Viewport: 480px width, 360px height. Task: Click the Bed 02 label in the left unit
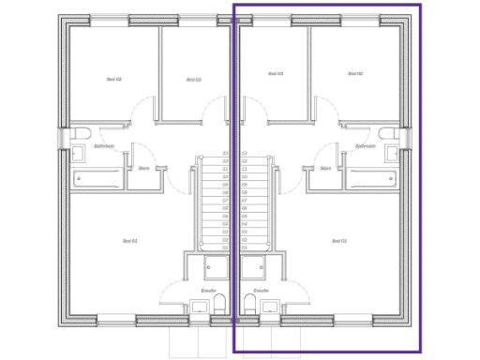(x=113, y=79)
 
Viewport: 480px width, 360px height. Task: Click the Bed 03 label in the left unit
(x=193, y=80)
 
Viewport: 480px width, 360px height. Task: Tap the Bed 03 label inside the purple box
(x=276, y=73)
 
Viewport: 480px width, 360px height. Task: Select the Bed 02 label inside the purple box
(x=354, y=73)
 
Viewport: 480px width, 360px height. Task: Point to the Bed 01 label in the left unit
(x=130, y=241)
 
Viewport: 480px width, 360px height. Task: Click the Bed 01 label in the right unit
(x=339, y=241)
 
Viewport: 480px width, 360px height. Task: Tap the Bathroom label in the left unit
(x=104, y=146)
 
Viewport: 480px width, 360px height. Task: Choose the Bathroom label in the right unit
(x=366, y=146)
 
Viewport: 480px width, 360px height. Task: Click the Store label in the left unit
(x=143, y=169)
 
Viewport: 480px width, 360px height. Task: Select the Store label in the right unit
(x=325, y=169)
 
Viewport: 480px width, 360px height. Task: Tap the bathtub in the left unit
(x=98, y=176)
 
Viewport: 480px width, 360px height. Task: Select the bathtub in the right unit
(x=372, y=176)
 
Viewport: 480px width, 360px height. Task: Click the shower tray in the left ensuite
(x=215, y=267)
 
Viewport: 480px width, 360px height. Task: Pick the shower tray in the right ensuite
(x=254, y=267)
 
